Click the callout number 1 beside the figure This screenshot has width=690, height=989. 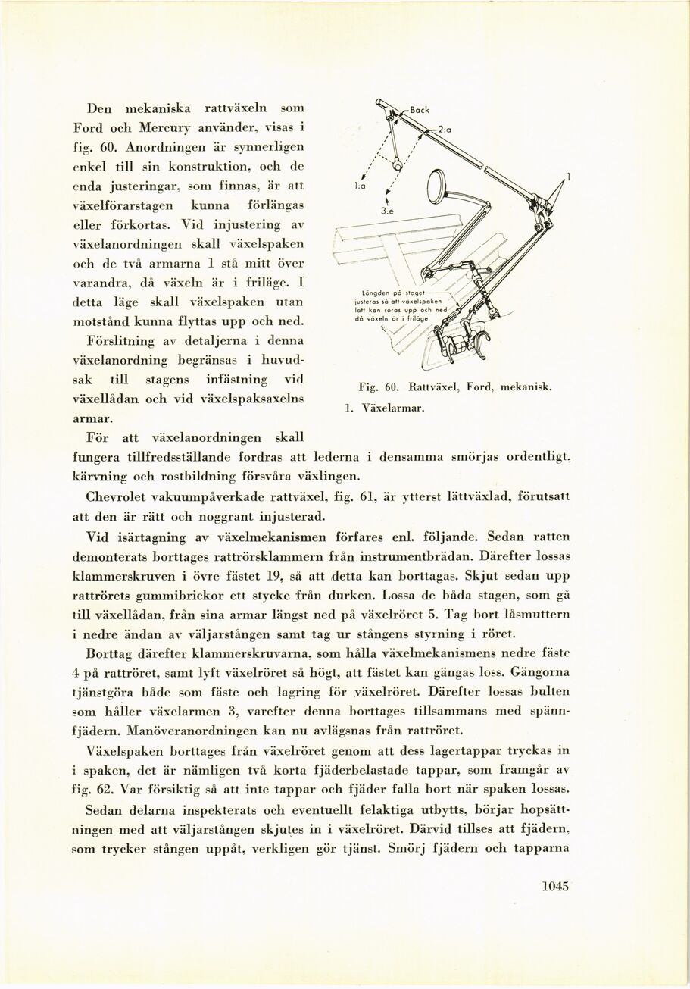pos(569,177)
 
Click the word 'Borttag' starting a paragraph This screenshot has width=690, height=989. pos(112,653)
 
